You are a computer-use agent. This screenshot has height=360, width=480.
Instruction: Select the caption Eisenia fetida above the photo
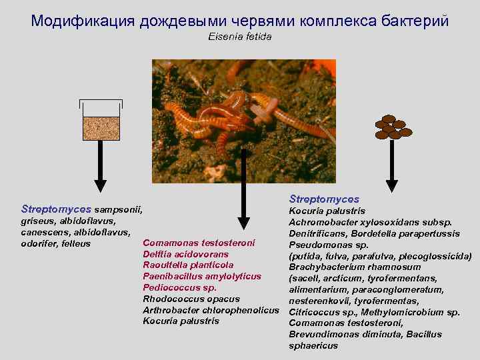tap(240, 37)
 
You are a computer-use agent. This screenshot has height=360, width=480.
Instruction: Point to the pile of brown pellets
tap(393, 128)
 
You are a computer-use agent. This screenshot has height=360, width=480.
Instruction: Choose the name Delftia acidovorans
tap(185, 254)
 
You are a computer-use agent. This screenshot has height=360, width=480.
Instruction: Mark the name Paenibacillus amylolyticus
tap(202, 276)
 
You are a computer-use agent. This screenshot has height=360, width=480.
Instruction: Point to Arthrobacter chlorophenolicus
tap(210, 310)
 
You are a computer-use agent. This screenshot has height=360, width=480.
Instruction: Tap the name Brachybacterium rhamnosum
tap(354, 267)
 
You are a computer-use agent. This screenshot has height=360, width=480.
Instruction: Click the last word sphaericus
tap(313, 346)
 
